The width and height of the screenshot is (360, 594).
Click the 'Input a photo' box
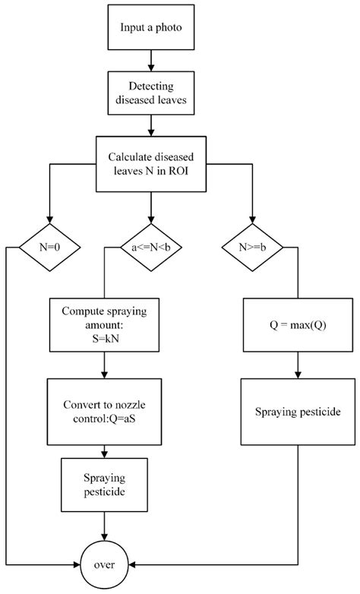coord(152,28)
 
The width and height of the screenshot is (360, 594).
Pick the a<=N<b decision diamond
coord(152,247)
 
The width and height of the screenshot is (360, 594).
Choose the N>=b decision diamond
coord(253,247)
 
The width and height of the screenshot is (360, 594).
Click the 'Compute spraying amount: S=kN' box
coord(103,323)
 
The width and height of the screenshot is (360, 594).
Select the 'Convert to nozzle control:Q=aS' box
coord(103,410)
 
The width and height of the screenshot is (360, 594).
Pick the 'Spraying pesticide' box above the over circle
coord(103,484)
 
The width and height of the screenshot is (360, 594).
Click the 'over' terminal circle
coord(103,565)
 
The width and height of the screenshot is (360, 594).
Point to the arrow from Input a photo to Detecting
coord(152,59)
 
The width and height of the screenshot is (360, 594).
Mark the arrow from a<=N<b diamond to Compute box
coord(103,281)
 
